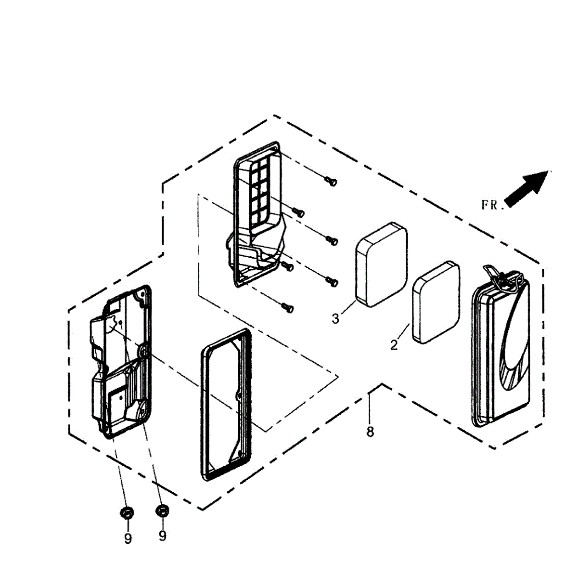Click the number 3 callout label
click(x=335, y=319)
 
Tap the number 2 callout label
click(x=394, y=345)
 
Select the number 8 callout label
click(x=370, y=432)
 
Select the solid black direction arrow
click(x=526, y=188)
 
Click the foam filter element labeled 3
click(x=382, y=264)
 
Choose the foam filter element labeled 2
click(x=436, y=302)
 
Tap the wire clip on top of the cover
click(x=499, y=276)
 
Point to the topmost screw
click(x=331, y=181)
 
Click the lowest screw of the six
click(x=288, y=307)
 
